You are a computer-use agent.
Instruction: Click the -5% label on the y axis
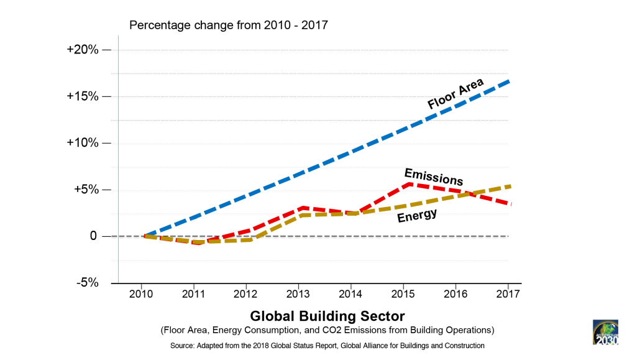pyautogui.click(x=87, y=282)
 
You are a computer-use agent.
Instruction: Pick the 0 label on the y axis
pyautogui.click(x=93, y=236)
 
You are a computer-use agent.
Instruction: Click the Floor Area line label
pyautogui.click(x=455, y=94)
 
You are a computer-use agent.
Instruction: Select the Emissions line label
pyautogui.click(x=433, y=176)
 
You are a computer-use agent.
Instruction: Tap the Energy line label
pyautogui.click(x=417, y=215)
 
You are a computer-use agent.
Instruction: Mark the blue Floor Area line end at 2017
pyautogui.click(x=509, y=81)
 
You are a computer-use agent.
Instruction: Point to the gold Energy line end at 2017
pyautogui.click(x=509, y=186)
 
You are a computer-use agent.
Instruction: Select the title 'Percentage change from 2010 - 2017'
pyautogui.click(x=228, y=25)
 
